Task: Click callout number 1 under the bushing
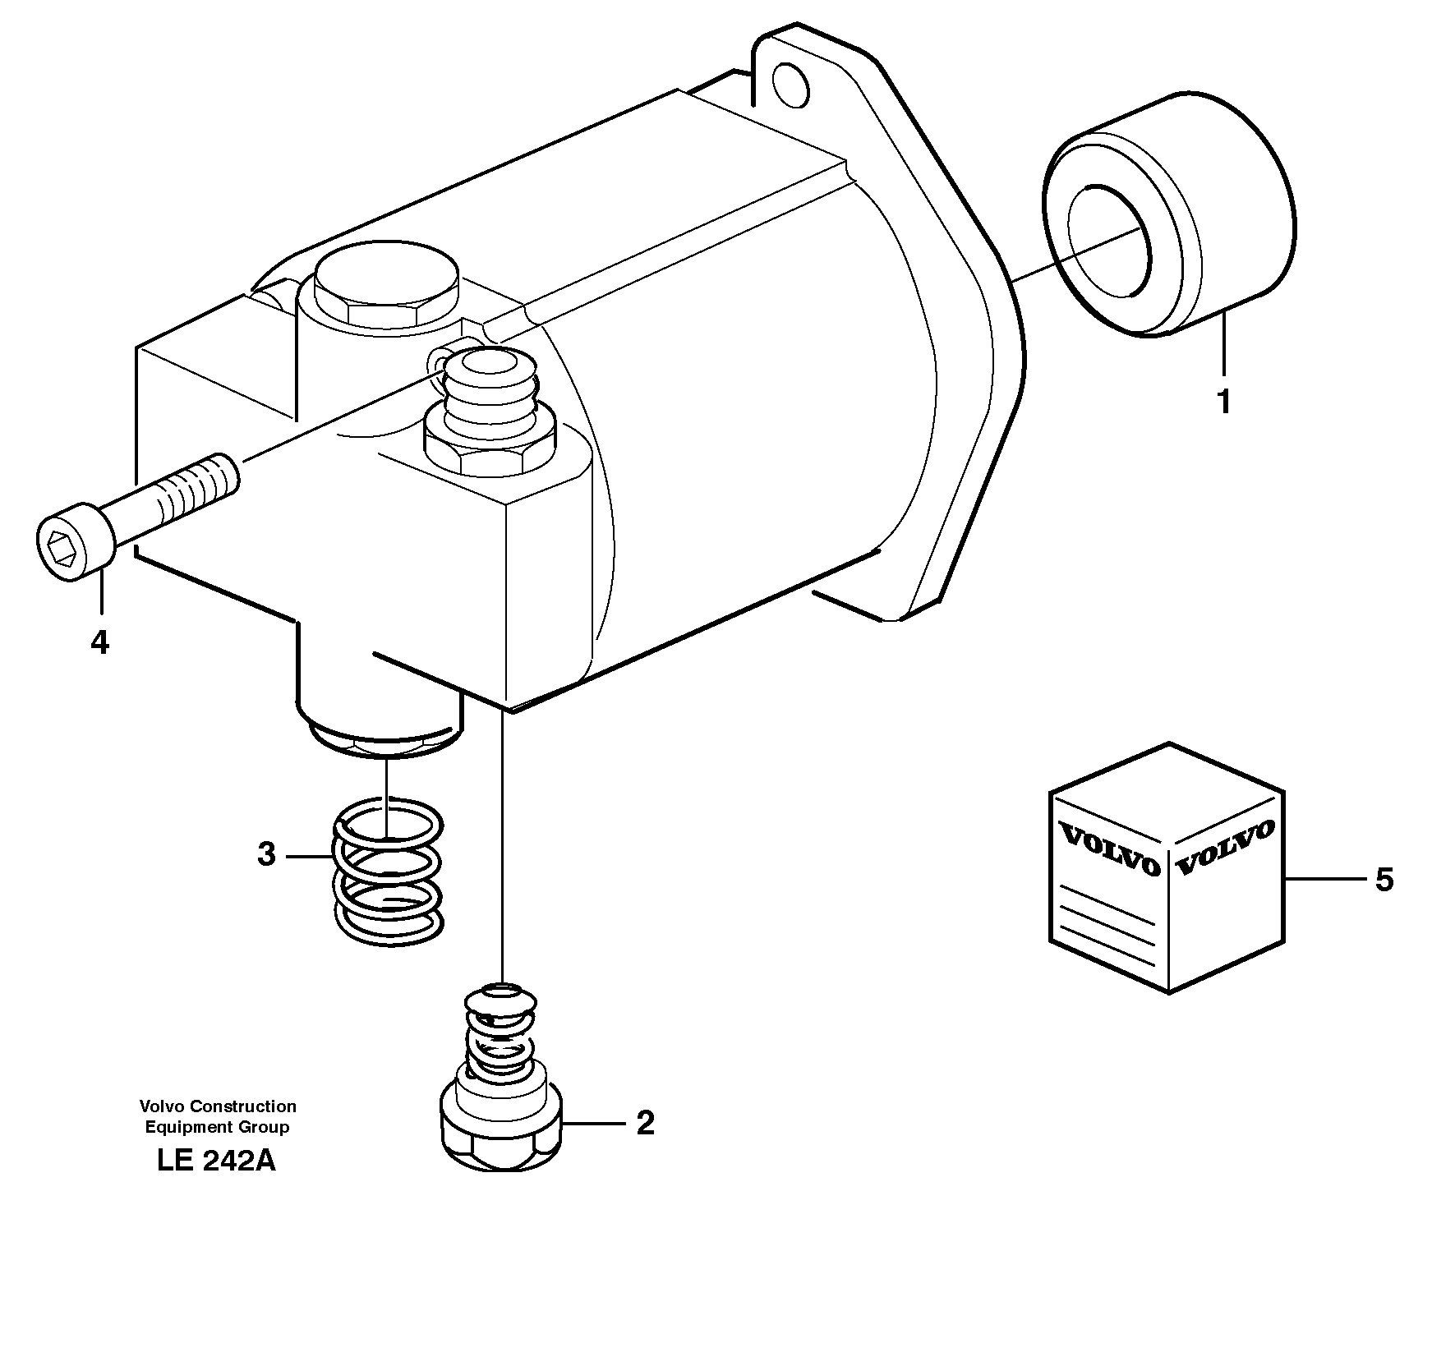pos(1223,402)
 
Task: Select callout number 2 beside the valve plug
pos(645,1123)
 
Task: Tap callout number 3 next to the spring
pos(266,854)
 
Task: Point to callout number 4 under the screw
pos(99,642)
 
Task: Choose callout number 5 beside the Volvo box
pos(1384,880)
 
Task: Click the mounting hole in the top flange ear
pos(791,85)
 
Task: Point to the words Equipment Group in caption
pos(217,1127)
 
